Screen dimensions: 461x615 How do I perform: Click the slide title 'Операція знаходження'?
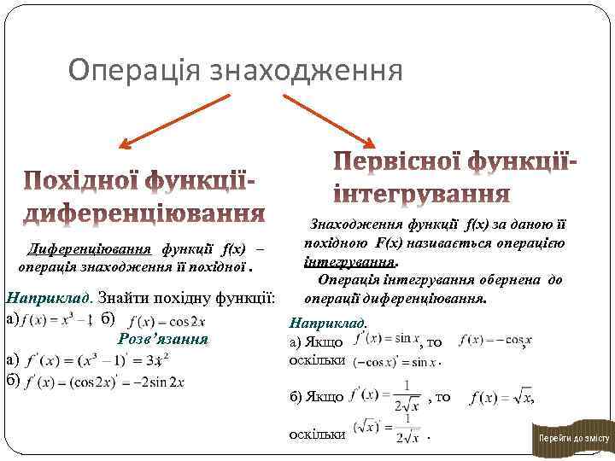point(235,71)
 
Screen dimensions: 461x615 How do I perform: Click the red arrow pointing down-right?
point(328,119)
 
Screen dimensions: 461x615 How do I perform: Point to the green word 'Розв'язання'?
point(161,338)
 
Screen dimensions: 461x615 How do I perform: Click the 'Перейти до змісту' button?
point(572,438)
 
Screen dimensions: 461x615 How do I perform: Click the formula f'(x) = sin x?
point(385,340)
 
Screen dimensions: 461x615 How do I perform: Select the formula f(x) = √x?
point(502,398)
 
